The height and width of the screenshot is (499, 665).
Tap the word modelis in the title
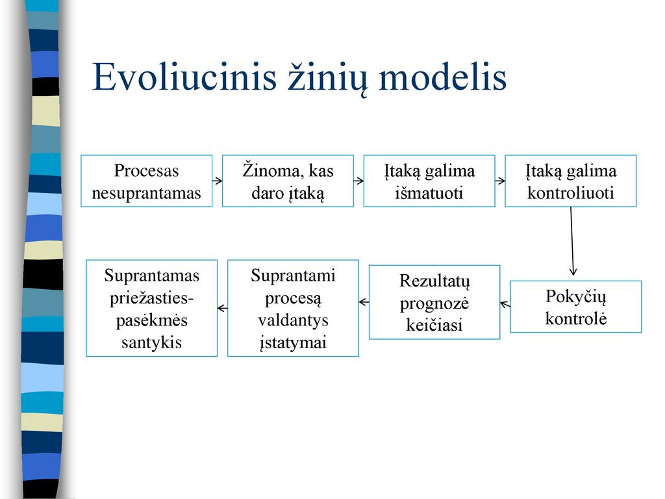442,77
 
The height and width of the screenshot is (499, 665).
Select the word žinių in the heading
327,79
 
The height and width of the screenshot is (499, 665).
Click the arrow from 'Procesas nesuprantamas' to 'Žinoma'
217,181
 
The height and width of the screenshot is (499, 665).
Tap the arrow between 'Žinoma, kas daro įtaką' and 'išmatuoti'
358,181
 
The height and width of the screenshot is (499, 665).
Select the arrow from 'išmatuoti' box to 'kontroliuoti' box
500,181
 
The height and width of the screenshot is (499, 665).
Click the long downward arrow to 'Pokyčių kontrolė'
572,242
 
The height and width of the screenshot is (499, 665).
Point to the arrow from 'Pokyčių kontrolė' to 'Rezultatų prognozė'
505,304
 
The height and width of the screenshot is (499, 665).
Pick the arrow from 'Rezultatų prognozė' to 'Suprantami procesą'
364,303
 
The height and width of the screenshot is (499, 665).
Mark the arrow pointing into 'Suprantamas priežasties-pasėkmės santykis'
223,309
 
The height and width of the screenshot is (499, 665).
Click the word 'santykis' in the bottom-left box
152,342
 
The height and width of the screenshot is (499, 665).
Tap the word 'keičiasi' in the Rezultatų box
434,325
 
